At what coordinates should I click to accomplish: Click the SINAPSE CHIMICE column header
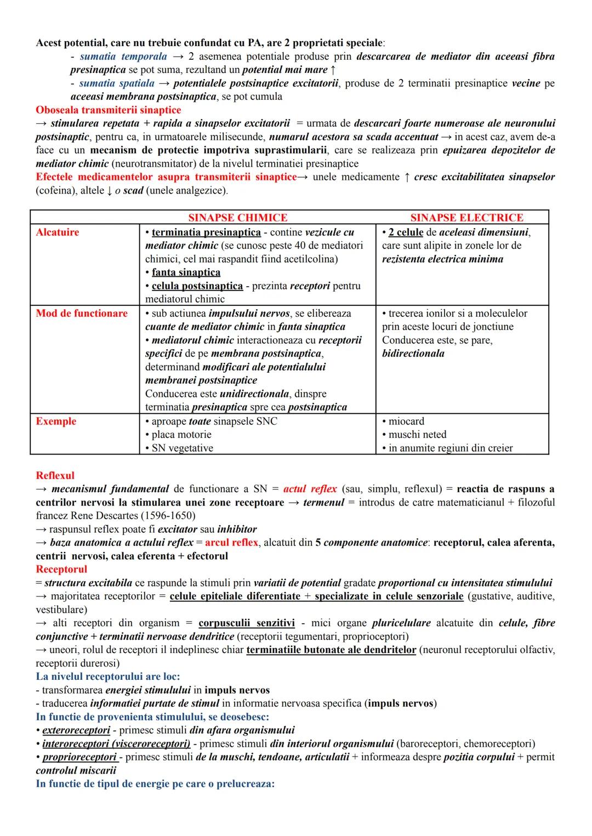(237, 218)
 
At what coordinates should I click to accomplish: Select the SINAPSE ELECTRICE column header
(466, 218)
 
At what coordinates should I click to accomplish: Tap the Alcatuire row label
(58, 232)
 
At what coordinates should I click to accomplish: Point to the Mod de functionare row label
(82, 313)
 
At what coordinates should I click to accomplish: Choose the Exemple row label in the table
(56, 421)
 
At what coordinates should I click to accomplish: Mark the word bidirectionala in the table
(413, 353)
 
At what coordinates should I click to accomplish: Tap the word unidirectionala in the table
(254, 394)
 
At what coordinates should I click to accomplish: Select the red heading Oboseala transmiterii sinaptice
(108, 110)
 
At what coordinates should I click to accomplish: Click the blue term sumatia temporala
(123, 56)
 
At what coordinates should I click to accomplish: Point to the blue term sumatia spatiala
(117, 83)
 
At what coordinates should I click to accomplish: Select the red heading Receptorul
(61, 569)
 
